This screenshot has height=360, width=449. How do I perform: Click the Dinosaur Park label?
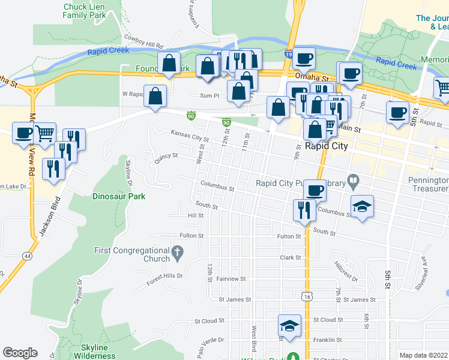pyautogui.click(x=119, y=196)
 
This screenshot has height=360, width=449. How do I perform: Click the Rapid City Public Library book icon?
pyautogui.click(x=354, y=179)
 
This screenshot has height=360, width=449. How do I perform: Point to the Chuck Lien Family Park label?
pyautogui.click(x=83, y=10)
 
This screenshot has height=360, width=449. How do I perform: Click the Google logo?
pyautogui.click(x=20, y=353)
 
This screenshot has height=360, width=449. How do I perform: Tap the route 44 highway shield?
pyautogui.click(x=28, y=256)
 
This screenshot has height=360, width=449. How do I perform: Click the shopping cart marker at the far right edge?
pyautogui.click(x=444, y=88)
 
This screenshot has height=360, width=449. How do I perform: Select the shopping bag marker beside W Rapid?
pyautogui.click(x=155, y=96)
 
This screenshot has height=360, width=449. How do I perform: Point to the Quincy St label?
pyautogui.click(x=166, y=155)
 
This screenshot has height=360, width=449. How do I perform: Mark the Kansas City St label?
pyautogui.click(x=189, y=137)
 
